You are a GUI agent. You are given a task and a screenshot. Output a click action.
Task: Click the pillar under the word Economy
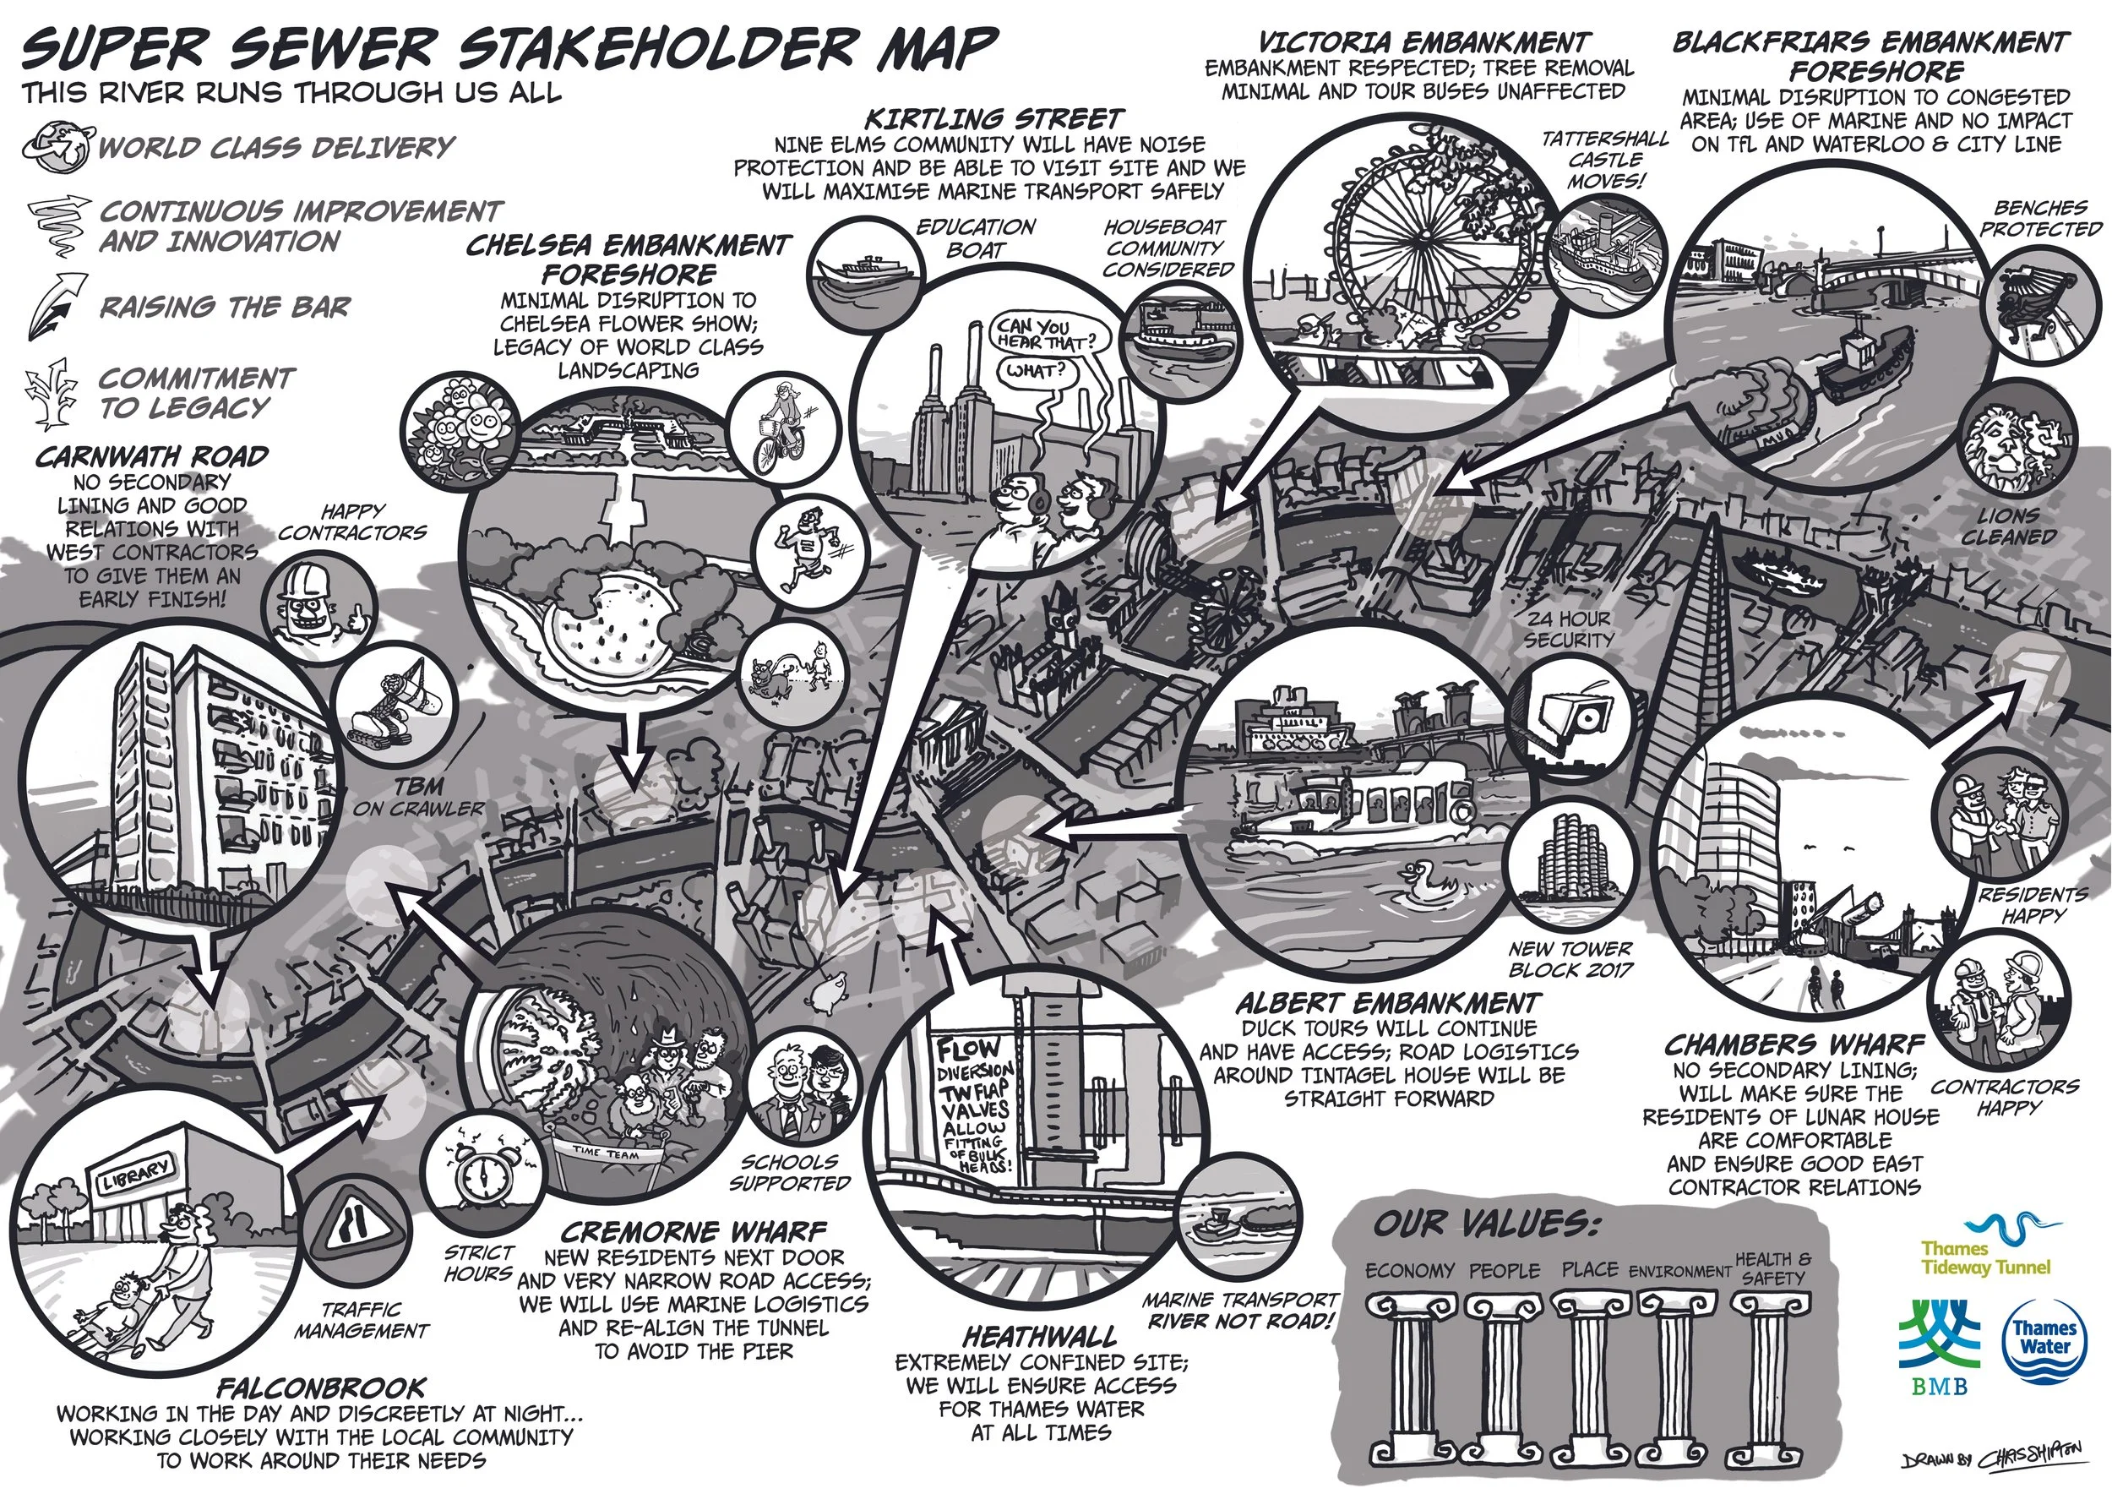click(1408, 1380)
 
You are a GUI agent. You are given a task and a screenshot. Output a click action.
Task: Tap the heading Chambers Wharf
click(1794, 1045)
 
